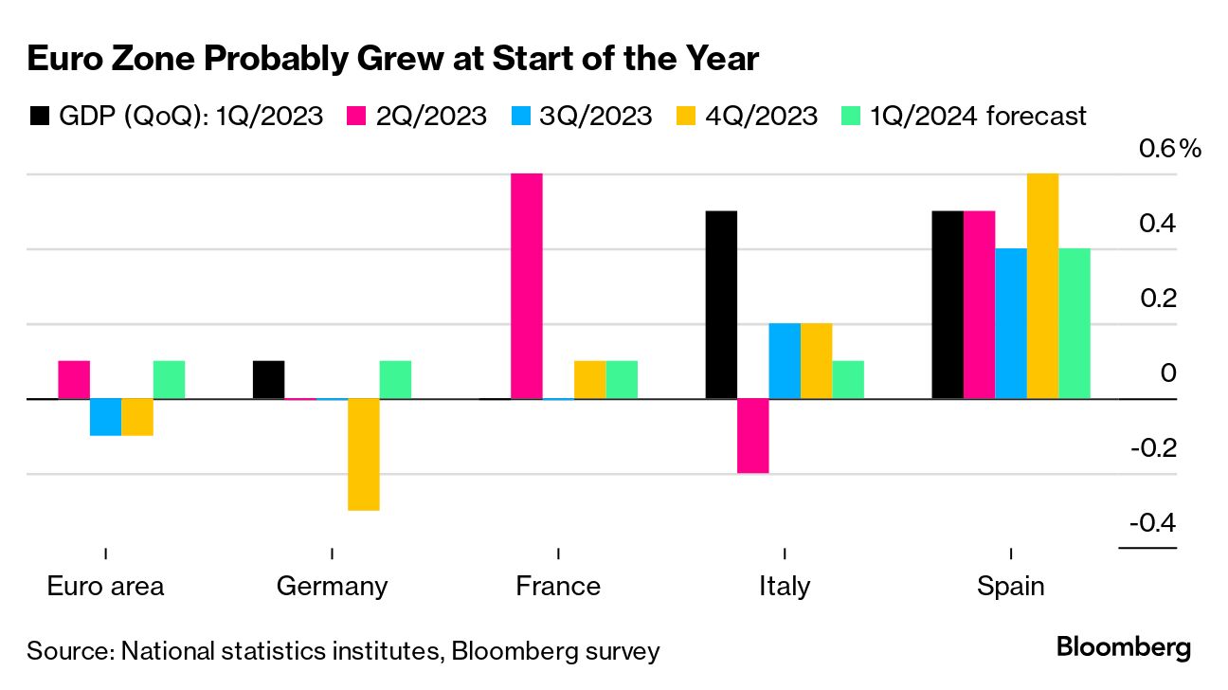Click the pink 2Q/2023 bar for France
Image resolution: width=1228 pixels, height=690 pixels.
point(527,286)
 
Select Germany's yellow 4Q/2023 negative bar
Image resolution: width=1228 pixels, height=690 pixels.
point(364,455)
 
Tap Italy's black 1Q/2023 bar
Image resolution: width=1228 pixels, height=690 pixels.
point(722,304)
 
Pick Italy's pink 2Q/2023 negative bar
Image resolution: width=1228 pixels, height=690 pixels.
point(753,436)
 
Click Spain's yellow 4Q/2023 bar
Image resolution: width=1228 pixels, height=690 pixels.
point(1042,286)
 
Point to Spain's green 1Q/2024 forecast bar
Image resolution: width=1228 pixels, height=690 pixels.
point(1074,323)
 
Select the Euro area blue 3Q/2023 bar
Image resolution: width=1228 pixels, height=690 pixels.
point(106,417)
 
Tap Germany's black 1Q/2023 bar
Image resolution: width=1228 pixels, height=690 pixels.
point(269,380)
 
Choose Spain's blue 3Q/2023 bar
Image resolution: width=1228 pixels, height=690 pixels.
point(1011,323)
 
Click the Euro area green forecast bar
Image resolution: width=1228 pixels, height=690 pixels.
point(169,380)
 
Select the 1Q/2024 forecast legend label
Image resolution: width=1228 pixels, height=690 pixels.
point(976,117)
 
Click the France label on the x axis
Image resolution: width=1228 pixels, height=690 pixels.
point(558,586)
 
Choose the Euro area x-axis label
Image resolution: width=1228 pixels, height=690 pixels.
point(105,586)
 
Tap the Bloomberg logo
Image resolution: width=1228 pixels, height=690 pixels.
point(1123,649)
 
